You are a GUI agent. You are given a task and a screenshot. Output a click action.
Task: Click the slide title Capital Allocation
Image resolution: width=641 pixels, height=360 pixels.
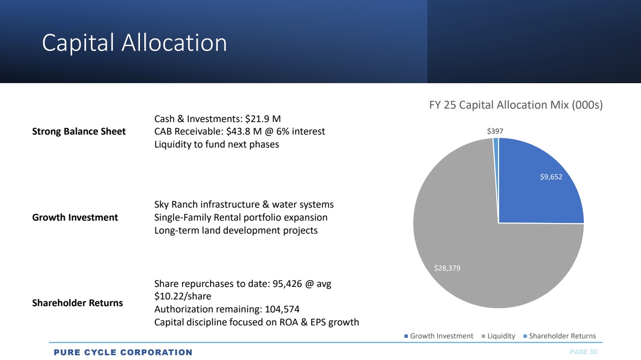point(135,43)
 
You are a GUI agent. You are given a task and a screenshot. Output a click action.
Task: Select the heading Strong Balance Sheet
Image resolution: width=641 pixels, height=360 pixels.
point(79,131)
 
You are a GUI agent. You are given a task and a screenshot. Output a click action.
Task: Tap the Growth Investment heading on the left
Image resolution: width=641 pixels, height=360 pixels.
point(75,217)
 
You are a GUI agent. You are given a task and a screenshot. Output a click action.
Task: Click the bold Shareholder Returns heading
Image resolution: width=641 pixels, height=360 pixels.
point(77,303)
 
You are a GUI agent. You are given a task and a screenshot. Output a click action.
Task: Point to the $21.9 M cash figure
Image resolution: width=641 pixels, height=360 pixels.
point(263,119)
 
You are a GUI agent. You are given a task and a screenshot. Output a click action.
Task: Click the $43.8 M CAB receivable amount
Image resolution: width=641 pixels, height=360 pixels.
point(244,131)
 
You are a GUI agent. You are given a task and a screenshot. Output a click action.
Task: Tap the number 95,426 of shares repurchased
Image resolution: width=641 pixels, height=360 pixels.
point(287,284)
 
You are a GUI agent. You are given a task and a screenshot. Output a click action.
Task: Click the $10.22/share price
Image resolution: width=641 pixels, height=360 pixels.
point(183,296)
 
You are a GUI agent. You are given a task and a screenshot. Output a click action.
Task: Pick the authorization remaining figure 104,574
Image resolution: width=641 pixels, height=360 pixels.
point(282,309)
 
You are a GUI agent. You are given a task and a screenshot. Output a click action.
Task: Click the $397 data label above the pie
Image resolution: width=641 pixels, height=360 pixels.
point(495,131)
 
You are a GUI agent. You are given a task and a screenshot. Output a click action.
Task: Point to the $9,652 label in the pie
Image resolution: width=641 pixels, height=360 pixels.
point(551,177)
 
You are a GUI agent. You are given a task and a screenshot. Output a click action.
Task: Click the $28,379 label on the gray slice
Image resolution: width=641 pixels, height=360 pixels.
point(447,268)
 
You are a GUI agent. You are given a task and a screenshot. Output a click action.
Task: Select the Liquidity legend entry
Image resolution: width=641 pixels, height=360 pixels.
point(499,335)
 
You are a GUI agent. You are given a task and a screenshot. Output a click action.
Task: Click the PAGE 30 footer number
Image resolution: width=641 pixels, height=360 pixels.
point(584,352)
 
